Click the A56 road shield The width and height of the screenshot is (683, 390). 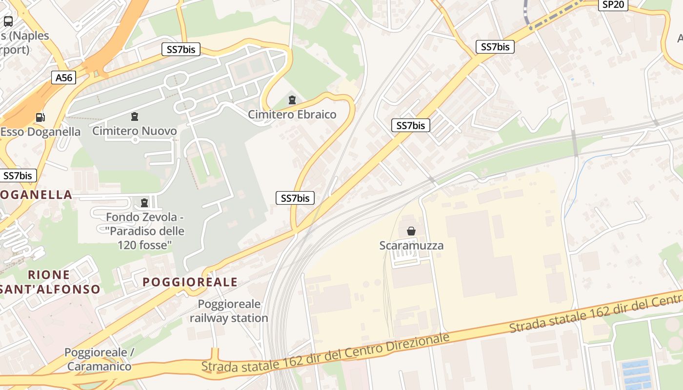click(64, 77)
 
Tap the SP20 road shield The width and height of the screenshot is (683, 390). click(613, 4)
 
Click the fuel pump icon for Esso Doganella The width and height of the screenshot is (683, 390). click(40, 117)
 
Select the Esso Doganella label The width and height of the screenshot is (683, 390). click(40, 132)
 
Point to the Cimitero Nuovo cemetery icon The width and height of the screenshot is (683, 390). click(134, 116)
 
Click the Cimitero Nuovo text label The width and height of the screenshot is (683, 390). click(134, 131)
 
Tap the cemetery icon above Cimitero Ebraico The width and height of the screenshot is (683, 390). click(292, 100)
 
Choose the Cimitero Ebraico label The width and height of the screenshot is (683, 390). click(292, 115)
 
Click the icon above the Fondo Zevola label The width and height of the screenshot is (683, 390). click(144, 202)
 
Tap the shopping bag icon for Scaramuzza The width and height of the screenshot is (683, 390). click(411, 231)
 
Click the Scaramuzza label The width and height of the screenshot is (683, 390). click(411, 245)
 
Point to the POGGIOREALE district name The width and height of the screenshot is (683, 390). click(190, 282)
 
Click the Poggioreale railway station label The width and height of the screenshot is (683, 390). click(229, 311)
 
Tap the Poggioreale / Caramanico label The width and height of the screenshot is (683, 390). click(99, 359)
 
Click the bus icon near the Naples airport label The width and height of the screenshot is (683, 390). click(8, 21)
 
